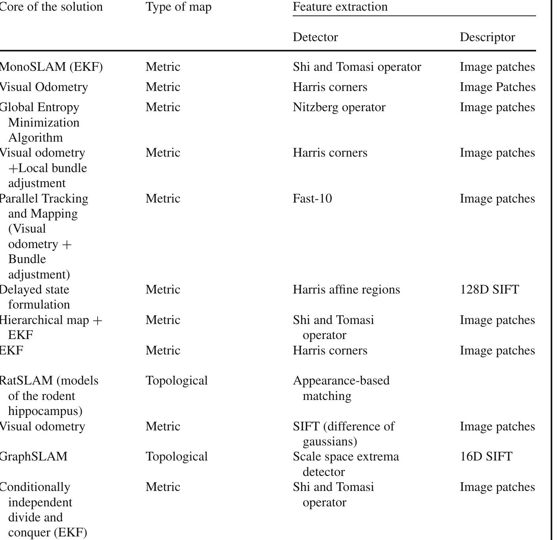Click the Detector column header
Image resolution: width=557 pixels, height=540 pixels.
point(315,37)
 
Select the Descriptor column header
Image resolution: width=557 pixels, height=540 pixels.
point(487,37)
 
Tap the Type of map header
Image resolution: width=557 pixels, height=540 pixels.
point(178,7)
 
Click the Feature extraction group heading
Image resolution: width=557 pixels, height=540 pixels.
point(340,7)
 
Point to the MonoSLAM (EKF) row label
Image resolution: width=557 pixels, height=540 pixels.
point(51,67)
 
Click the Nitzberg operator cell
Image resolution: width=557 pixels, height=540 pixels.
point(339,107)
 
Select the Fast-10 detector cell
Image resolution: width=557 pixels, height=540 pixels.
point(312,199)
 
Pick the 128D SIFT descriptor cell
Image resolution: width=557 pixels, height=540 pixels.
point(489,290)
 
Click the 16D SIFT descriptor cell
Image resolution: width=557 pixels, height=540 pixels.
point(486,457)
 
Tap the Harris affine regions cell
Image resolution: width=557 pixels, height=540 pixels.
point(346,290)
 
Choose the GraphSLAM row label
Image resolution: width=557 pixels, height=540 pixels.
point(33,457)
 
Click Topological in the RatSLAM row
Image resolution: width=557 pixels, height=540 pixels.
point(176,381)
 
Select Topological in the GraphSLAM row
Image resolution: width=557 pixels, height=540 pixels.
point(176,457)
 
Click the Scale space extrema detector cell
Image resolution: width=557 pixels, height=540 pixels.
point(346,464)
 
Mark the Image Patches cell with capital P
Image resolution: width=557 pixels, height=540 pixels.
point(497,87)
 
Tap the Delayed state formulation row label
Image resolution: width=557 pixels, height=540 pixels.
point(35,297)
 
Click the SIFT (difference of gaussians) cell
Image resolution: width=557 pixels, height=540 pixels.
point(343,434)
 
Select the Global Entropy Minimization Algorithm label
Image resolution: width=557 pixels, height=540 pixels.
point(40,122)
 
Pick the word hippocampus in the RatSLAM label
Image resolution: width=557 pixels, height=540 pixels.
point(45,411)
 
